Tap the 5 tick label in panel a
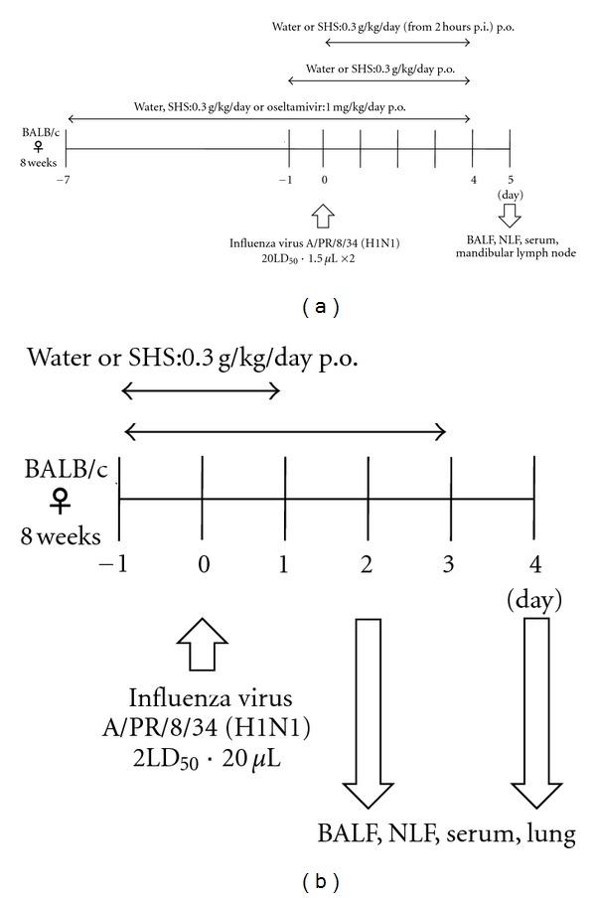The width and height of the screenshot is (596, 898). tap(510, 180)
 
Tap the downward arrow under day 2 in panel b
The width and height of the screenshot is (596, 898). tap(368, 712)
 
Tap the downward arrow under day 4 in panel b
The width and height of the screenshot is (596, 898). tap(535, 712)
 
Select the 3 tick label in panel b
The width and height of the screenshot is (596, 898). tap(449, 564)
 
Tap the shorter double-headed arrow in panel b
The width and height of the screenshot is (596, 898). tap(201, 391)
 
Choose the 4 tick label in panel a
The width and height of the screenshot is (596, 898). tap(472, 180)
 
